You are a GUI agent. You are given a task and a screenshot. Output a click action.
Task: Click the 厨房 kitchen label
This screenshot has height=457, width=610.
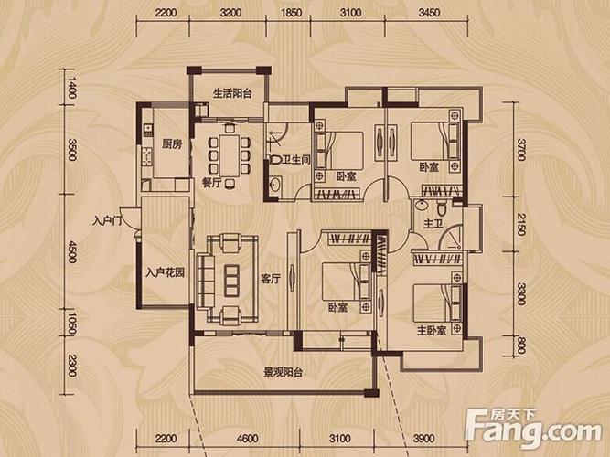pos(172,144)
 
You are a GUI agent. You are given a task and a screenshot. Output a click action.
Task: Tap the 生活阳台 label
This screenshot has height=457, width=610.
pos(232,93)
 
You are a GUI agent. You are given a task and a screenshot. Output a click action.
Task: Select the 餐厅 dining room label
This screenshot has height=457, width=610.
pos(212,183)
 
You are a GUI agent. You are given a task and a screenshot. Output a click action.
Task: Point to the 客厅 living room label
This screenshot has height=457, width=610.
pos(271,279)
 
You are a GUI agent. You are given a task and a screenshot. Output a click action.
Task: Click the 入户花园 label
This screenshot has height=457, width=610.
pos(166,272)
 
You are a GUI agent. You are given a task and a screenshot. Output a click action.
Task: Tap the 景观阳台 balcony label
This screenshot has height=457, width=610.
pos(284,373)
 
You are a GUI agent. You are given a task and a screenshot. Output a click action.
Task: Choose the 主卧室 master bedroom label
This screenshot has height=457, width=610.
pos(432,331)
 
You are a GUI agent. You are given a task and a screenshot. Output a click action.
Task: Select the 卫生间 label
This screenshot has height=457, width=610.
pos(296,159)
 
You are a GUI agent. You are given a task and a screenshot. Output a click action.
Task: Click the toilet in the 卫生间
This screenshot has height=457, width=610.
pos(275,159)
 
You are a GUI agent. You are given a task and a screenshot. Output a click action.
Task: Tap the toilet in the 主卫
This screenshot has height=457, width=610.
pos(442,208)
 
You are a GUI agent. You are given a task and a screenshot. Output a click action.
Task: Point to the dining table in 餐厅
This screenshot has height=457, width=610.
pos(230,155)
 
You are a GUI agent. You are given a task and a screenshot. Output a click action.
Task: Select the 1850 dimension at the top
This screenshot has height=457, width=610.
pos(291,13)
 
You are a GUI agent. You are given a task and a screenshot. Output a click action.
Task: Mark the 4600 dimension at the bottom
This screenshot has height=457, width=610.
pos(248,439)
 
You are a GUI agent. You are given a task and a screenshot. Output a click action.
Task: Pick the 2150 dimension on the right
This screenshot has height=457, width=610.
pos(521,225)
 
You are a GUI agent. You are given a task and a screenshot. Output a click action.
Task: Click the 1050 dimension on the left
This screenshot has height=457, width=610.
pos(71,323)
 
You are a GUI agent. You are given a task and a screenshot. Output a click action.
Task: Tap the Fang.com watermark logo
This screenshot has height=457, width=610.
pos(534,429)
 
